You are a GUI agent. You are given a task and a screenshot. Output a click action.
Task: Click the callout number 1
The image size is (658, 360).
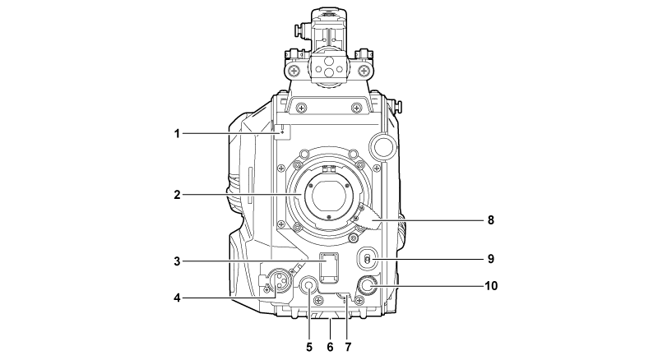177,134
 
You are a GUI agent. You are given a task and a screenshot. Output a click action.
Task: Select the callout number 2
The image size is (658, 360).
177,195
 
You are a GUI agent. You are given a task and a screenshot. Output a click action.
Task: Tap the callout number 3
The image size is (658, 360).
177,261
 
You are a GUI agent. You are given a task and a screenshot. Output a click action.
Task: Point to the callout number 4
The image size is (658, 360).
177,298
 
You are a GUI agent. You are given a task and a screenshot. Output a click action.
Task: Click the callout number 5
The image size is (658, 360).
309,347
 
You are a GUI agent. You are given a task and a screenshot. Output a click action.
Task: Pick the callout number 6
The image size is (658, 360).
330,347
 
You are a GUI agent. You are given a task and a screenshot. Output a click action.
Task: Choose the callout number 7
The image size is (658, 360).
348,347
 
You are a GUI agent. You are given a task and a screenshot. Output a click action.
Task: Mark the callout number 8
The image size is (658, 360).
490,219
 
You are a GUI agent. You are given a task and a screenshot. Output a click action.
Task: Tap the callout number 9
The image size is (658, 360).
490,259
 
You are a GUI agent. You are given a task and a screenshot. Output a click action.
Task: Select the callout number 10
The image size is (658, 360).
491,286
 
